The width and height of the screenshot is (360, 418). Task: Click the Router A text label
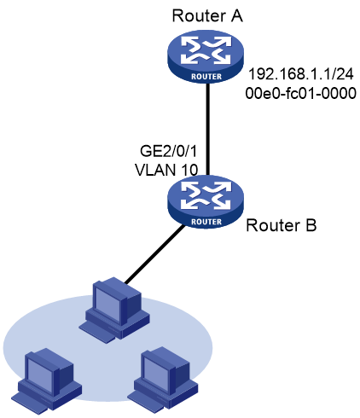(x=207, y=15)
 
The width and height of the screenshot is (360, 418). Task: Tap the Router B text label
(x=281, y=225)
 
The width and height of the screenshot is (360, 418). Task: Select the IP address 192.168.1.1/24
(x=301, y=74)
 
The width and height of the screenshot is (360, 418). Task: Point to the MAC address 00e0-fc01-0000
(x=300, y=93)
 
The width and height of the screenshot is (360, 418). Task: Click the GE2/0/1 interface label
(x=168, y=151)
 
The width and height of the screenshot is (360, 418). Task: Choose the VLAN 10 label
(x=166, y=170)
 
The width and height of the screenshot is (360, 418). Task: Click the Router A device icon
(x=206, y=56)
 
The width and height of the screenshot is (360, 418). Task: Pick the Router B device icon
(x=206, y=202)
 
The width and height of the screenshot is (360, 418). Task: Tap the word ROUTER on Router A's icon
(x=206, y=77)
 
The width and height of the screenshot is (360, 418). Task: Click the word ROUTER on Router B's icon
(x=206, y=222)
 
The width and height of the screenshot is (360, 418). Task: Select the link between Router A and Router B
(x=208, y=129)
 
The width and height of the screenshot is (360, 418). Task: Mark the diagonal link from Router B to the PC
(x=154, y=254)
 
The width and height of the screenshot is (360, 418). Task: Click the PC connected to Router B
(x=114, y=310)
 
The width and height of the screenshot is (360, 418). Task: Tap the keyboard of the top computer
(x=97, y=333)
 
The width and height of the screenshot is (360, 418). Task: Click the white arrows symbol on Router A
(x=206, y=50)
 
